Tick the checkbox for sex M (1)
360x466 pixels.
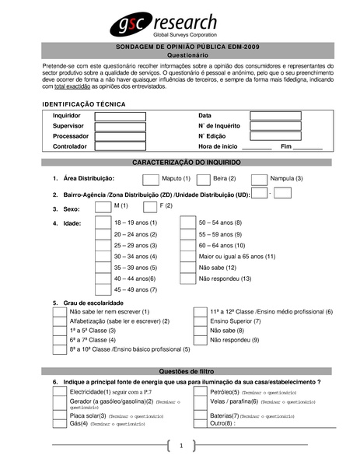[102, 207]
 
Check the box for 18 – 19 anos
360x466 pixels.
[102, 222]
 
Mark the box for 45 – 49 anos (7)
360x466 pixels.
[102, 289]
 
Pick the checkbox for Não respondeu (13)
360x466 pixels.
[187, 279]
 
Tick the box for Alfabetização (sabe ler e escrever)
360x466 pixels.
[59, 321]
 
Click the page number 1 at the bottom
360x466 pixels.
[180, 446]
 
